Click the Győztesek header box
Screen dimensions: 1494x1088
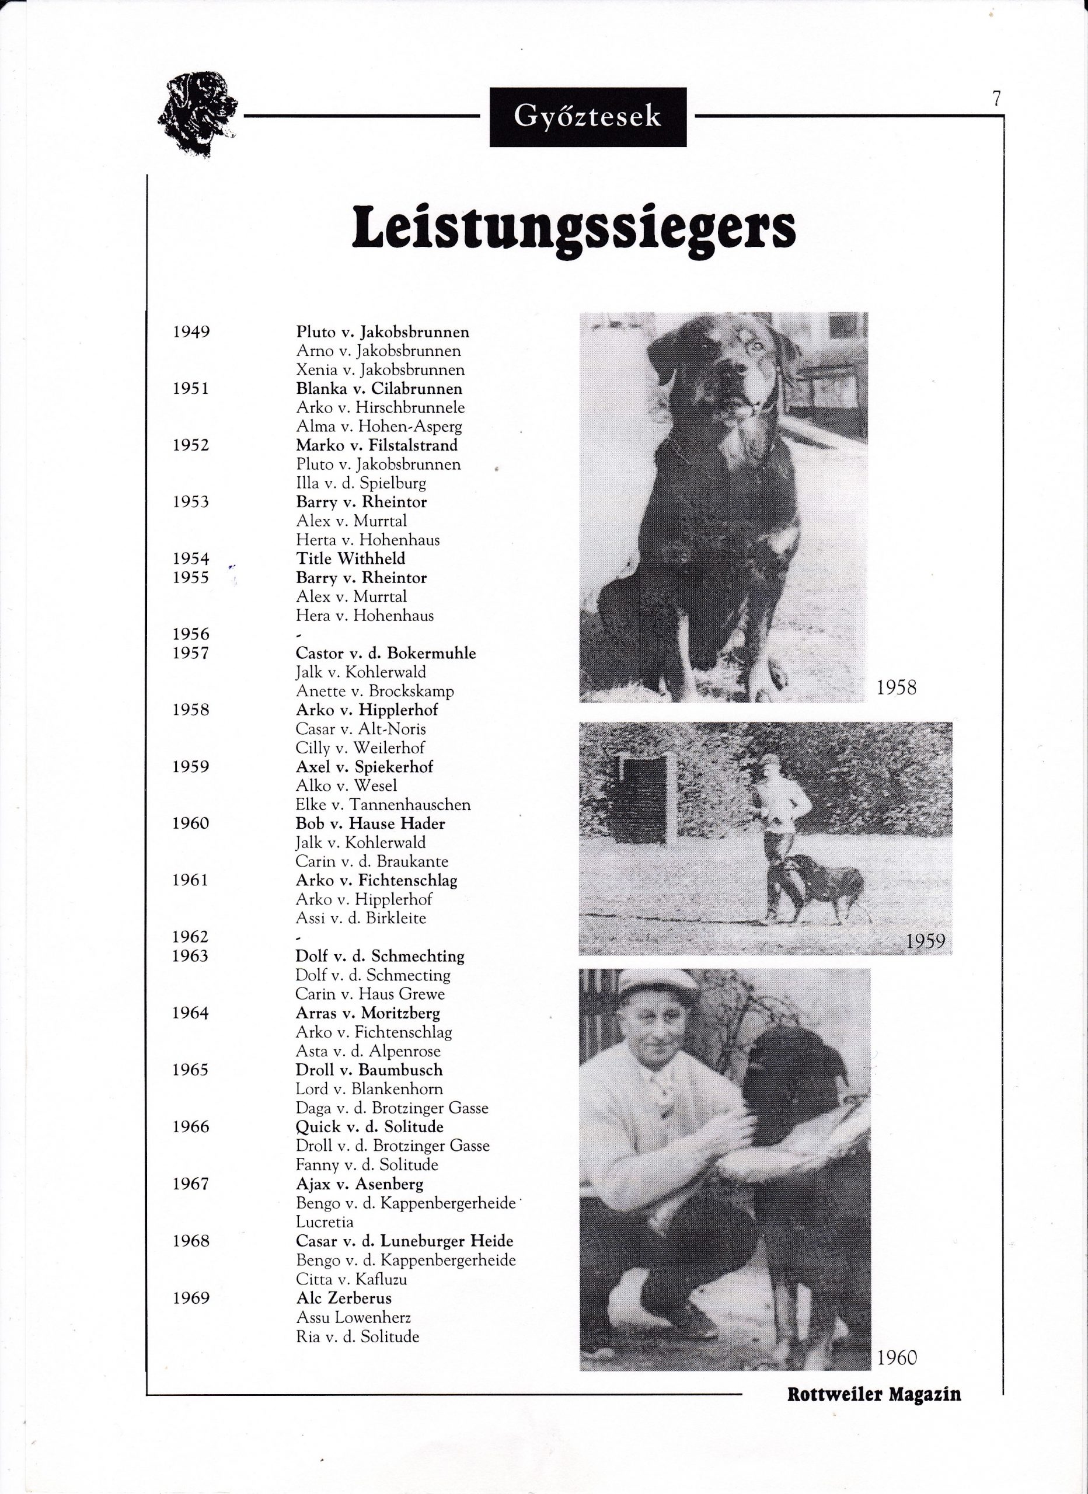(587, 117)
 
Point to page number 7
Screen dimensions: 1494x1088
(996, 99)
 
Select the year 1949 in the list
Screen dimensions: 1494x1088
(191, 332)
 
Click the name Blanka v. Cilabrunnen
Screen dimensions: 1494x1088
(379, 389)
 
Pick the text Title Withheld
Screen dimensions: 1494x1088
(351, 558)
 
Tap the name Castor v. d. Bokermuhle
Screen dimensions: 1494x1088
(385, 654)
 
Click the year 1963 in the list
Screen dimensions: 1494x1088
(190, 957)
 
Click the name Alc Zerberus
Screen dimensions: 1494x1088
(343, 1298)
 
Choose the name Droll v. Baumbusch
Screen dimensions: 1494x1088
(369, 1070)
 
